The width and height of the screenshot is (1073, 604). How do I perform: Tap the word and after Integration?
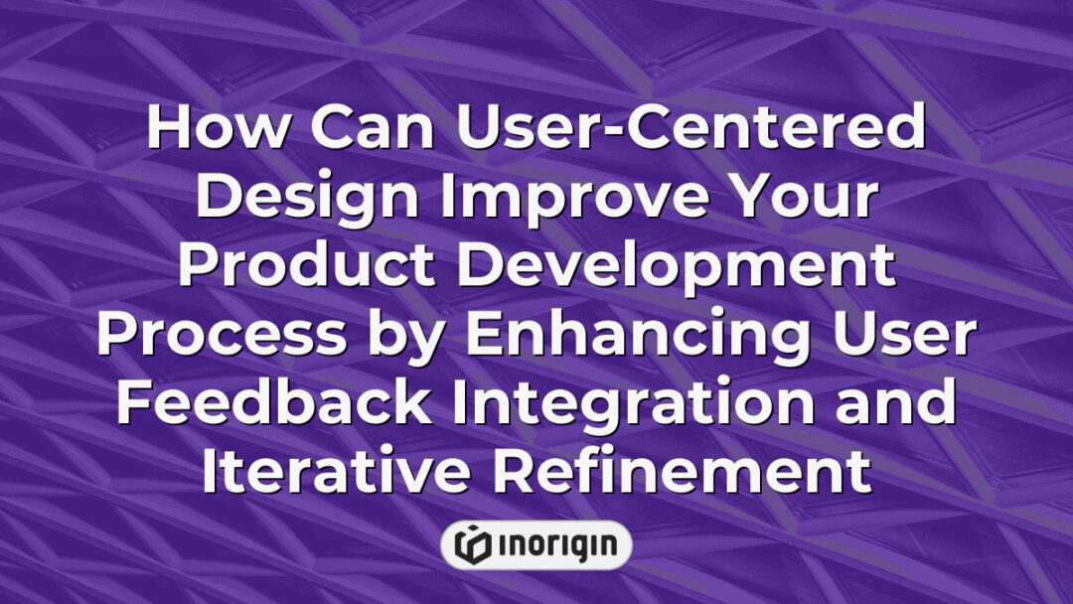pos(892,403)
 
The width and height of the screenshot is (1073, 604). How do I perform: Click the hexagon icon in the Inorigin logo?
pos(469,544)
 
